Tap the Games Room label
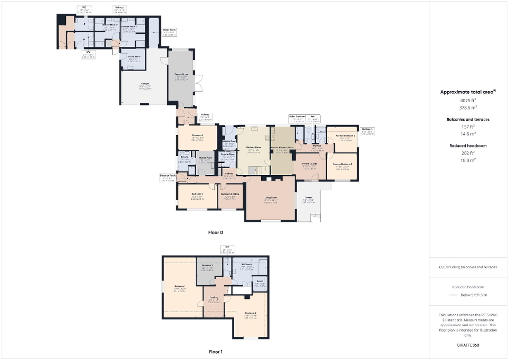pos(181,74)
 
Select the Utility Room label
pos(134,56)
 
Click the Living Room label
pos(271,199)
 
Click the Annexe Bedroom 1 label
pos(342,164)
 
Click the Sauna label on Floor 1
pos(260,281)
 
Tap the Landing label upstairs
pos(214,297)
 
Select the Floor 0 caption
pos(215,232)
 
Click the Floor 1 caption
pos(215,351)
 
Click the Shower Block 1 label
pos(130,26)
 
